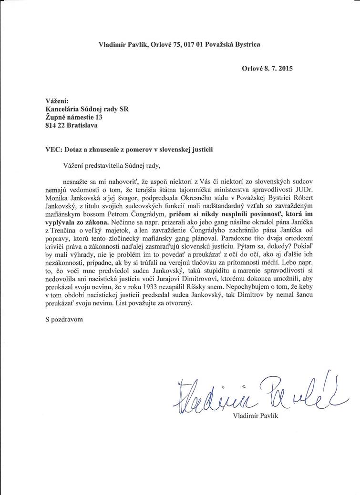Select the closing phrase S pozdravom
tap(62, 320)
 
